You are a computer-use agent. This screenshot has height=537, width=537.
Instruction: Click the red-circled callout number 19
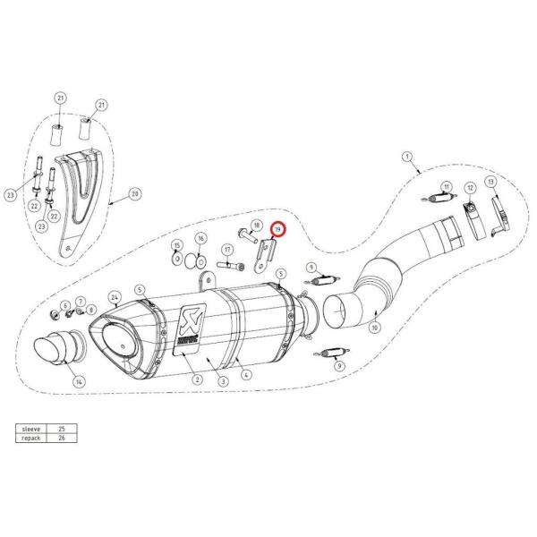coord(277,230)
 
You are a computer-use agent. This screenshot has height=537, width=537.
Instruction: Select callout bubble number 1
coord(407,158)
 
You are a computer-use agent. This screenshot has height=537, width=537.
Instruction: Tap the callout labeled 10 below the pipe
coord(374,328)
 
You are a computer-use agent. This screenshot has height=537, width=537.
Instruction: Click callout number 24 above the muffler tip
coord(114,296)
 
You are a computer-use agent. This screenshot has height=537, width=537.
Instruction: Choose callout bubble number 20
coord(135,193)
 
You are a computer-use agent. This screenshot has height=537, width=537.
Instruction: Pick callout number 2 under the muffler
coord(195,379)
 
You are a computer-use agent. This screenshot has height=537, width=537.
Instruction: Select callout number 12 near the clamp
coord(469,188)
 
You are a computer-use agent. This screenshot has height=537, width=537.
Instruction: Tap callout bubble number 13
coord(490,183)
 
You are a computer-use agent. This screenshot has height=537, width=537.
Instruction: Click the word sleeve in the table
coord(30,429)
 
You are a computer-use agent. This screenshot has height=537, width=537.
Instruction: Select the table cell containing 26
coord(60,439)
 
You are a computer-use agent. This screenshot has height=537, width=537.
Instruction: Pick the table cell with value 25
coord(60,429)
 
